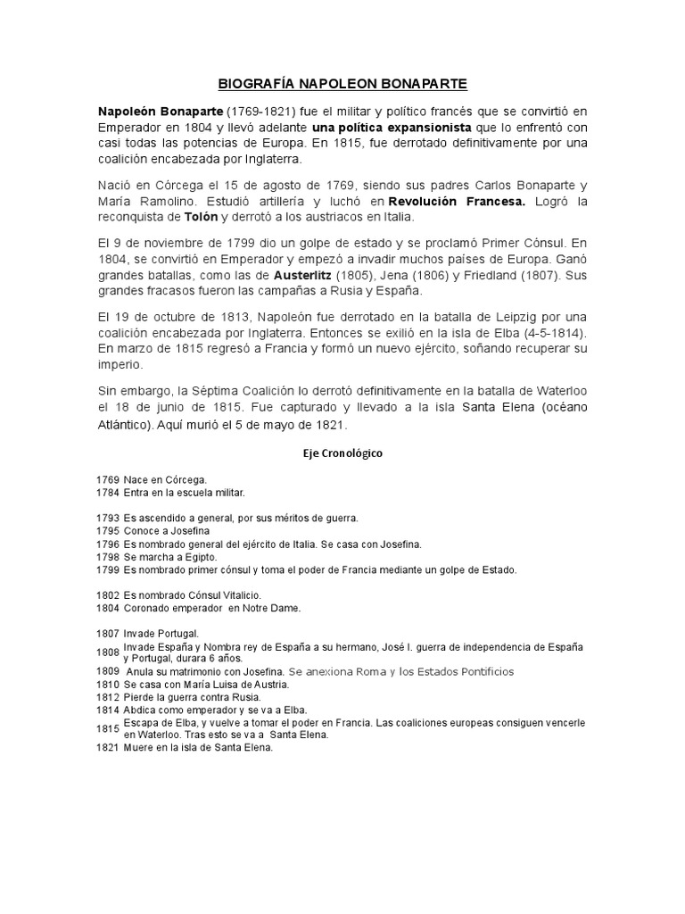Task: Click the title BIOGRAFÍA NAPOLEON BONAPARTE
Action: pos(342,85)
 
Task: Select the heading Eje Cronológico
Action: pos(342,453)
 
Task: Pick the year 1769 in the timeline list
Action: pos(107,480)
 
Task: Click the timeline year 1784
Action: pos(107,492)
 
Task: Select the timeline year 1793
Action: pos(107,518)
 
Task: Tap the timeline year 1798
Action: pos(107,557)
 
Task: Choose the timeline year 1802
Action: pos(107,594)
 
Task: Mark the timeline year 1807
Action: pos(107,633)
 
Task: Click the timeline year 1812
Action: pos(107,697)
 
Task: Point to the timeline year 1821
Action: pos(107,748)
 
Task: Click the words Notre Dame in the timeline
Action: pos(275,608)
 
